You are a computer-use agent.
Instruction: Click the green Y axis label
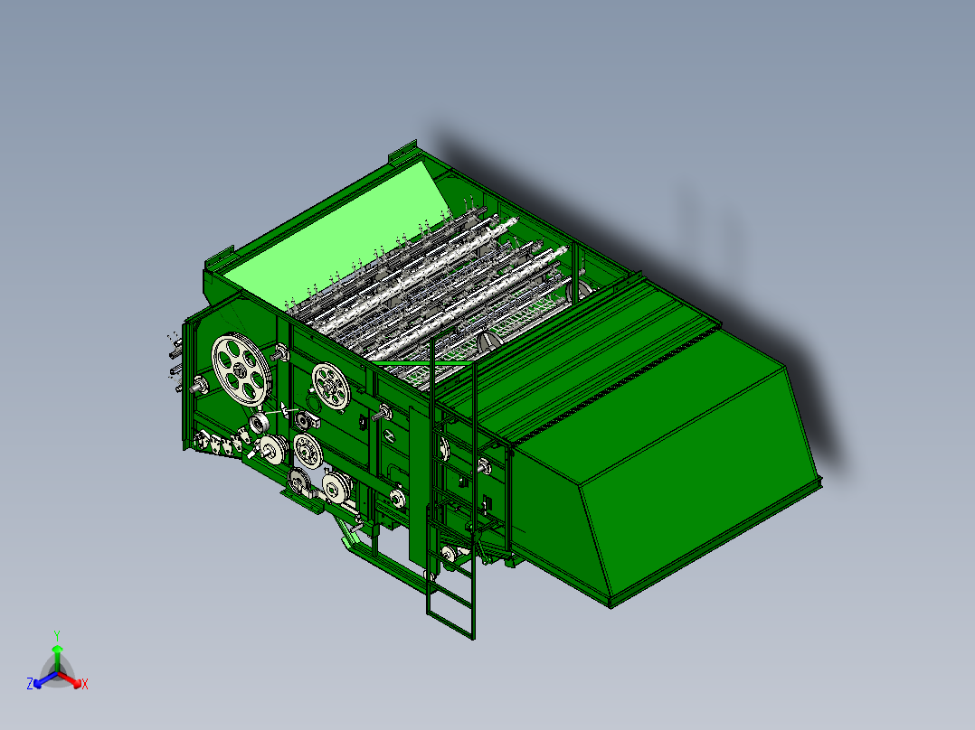[x=57, y=635]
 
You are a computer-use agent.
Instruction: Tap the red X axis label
[x=85, y=684]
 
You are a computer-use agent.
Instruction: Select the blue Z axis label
[x=30, y=684]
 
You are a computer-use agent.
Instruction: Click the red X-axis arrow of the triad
[x=71, y=679]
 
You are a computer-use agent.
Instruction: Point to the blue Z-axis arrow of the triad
[x=45, y=679]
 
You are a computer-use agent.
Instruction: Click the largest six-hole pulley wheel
[x=241, y=371]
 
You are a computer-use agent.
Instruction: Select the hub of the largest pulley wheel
[x=239, y=371]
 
